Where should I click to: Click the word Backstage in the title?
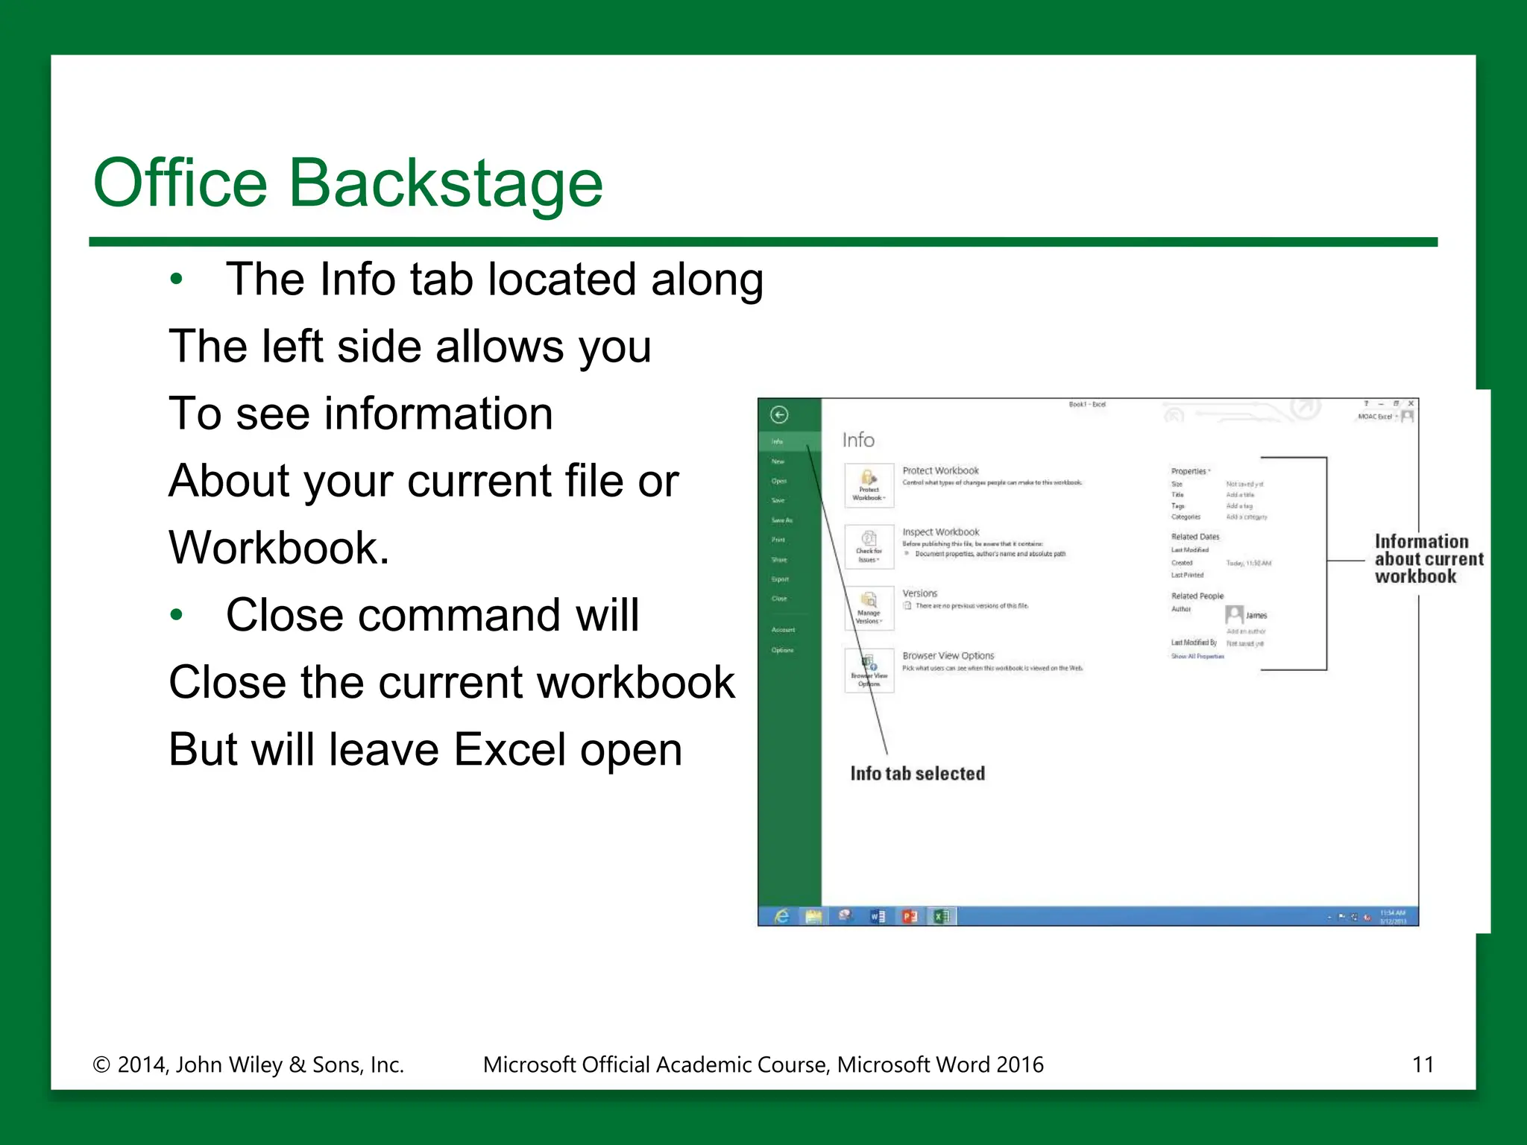tap(445, 184)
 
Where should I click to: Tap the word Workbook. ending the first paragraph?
tap(280, 548)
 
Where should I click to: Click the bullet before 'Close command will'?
tap(176, 616)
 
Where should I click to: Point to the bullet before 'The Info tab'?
tap(176, 280)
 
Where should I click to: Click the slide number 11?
tap(1423, 1064)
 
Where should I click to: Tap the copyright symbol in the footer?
tap(101, 1065)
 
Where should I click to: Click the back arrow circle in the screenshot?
tap(779, 415)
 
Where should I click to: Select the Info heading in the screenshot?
tap(858, 440)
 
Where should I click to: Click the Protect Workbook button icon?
tap(869, 485)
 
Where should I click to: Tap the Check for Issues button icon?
tap(869, 546)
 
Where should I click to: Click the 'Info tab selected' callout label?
tap(917, 774)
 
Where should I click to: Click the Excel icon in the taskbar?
tap(942, 916)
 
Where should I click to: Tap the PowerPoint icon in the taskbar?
tap(909, 916)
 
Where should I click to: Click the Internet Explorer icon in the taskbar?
tap(781, 916)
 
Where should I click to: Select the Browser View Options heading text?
tap(948, 656)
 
